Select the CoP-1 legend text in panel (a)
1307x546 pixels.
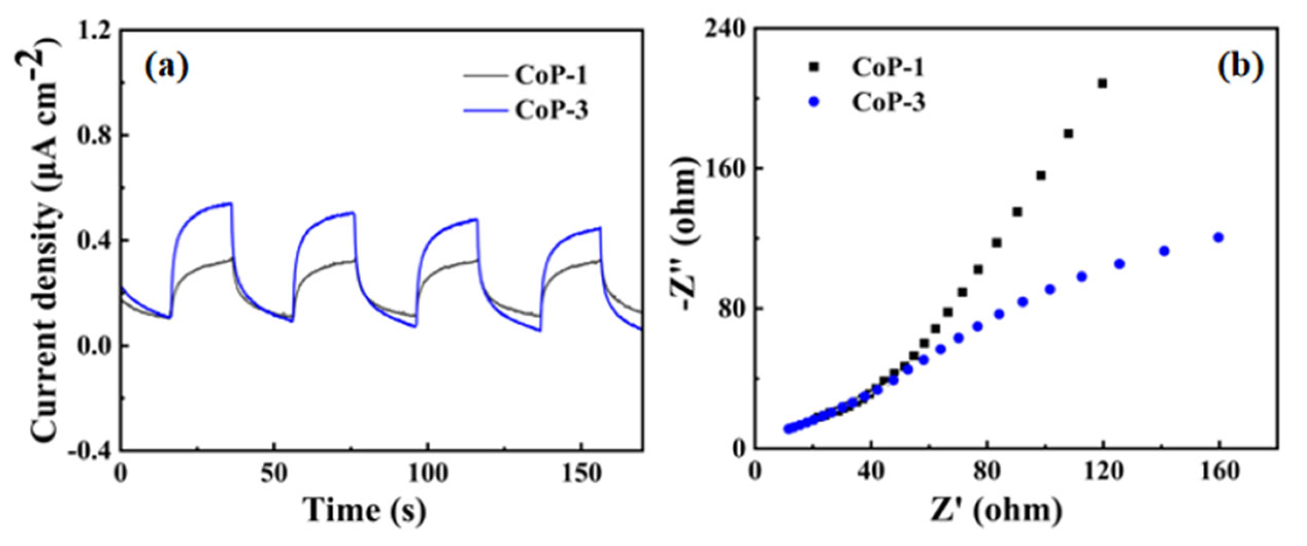[551, 75]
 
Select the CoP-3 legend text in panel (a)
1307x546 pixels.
[551, 110]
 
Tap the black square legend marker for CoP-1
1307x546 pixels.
[813, 67]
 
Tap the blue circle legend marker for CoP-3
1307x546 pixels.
[814, 102]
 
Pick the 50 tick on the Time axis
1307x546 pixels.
[273, 473]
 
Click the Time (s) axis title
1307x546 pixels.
[364, 510]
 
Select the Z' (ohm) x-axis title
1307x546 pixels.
[996, 510]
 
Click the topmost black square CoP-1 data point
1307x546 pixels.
[1102, 83]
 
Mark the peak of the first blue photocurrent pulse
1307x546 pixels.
[231, 203]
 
